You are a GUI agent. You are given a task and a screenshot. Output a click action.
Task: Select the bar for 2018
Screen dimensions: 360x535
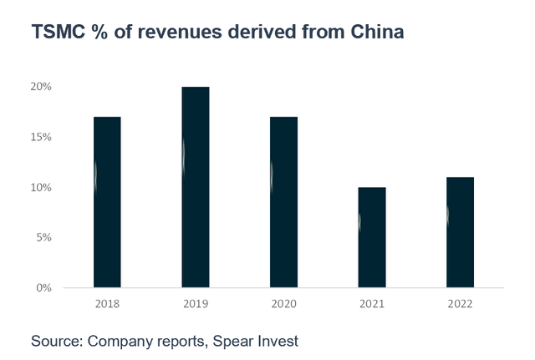point(107,202)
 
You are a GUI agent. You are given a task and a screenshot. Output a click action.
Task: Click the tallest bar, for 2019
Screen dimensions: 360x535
point(196,187)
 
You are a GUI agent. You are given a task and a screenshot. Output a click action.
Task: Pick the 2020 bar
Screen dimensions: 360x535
point(284,202)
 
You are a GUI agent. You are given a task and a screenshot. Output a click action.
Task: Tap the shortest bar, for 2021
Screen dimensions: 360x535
point(372,237)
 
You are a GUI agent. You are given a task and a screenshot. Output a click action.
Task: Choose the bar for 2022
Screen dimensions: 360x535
point(460,232)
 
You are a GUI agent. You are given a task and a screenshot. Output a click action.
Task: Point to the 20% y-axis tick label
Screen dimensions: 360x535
point(42,87)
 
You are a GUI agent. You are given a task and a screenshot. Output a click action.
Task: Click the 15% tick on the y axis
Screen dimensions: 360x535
point(42,137)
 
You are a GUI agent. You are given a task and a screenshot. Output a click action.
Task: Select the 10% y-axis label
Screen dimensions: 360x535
point(42,187)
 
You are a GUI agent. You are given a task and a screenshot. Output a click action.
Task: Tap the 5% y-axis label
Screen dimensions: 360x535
point(44,237)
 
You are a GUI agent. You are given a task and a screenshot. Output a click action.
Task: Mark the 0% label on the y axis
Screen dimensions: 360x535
point(44,288)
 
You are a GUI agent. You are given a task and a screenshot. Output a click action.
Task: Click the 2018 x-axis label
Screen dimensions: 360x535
point(107,303)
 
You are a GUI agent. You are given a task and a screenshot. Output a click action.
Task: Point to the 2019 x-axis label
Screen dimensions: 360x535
point(196,303)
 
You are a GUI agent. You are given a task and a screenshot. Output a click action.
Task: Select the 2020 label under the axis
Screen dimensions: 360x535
point(284,303)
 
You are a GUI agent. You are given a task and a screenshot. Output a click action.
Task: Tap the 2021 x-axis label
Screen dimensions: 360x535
point(372,303)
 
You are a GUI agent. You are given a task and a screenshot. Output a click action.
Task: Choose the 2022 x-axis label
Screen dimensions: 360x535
point(460,303)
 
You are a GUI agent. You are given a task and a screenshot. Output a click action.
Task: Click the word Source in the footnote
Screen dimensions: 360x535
point(56,341)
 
